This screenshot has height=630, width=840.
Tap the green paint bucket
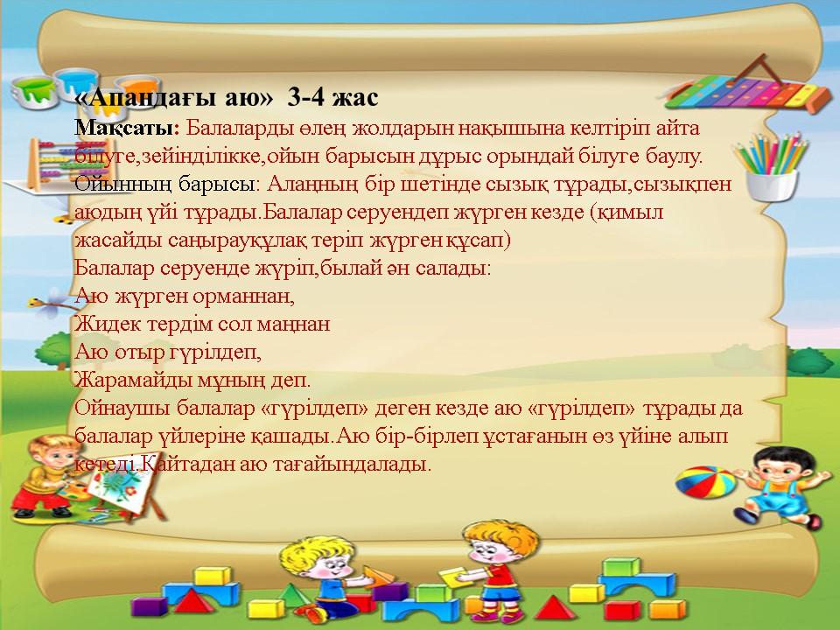click(35, 92)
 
